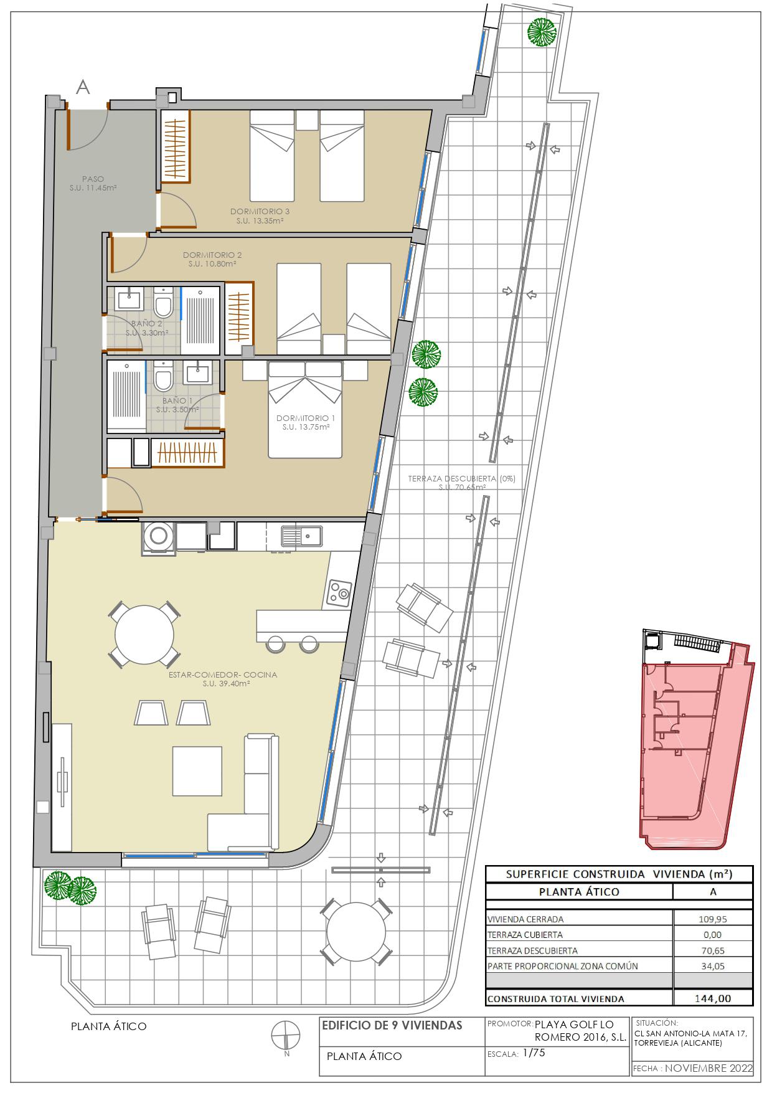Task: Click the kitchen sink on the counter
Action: (x=301, y=535)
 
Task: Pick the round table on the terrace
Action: (x=356, y=932)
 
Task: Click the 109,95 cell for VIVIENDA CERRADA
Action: (x=713, y=919)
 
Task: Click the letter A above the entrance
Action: (x=82, y=88)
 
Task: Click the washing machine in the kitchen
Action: (x=159, y=536)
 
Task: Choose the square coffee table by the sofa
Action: (x=197, y=770)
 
